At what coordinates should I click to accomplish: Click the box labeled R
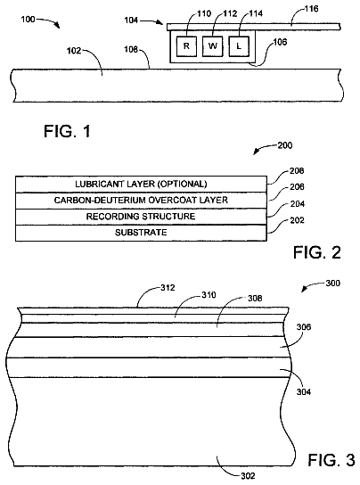(186, 46)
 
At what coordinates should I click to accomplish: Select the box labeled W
(212, 46)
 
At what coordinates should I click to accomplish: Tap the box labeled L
(239, 46)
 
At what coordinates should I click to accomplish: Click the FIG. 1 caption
(67, 131)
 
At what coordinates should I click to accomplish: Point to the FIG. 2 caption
(317, 252)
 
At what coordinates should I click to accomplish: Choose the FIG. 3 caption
(331, 460)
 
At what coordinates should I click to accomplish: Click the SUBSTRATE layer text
(141, 233)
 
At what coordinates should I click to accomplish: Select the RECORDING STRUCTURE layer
(141, 217)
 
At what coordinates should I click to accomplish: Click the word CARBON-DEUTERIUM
(100, 200)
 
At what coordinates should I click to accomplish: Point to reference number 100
(28, 20)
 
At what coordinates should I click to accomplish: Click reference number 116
(311, 9)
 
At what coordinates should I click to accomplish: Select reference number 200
(285, 145)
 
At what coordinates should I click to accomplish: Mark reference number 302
(248, 476)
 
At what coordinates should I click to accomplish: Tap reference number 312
(168, 288)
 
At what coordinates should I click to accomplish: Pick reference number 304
(304, 392)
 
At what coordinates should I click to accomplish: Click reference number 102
(74, 51)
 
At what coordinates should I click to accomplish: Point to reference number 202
(298, 220)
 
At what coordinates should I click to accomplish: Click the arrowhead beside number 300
(305, 290)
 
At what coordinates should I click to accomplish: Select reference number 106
(280, 42)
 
